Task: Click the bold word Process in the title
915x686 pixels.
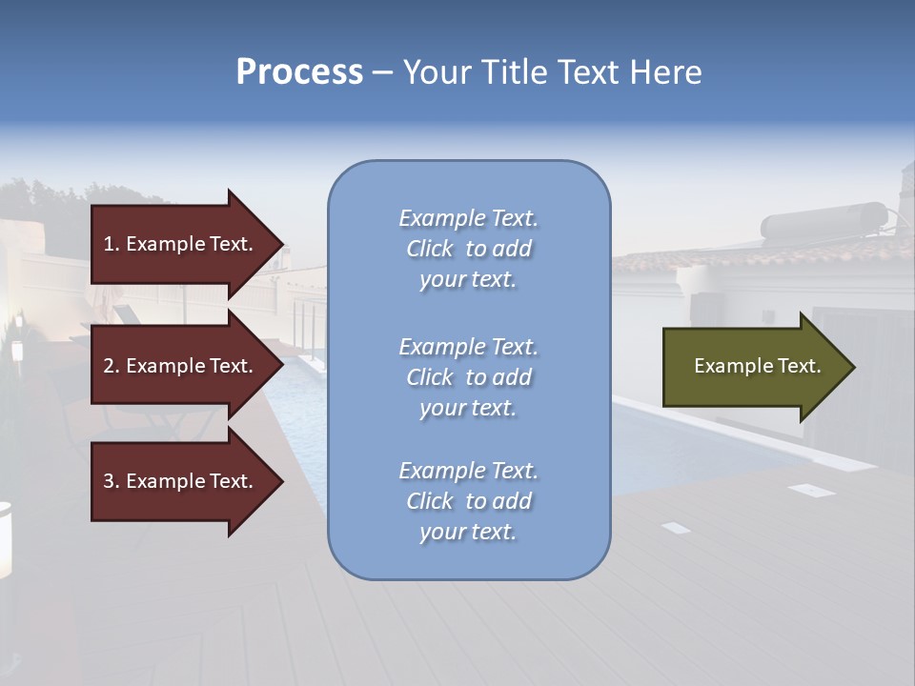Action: (x=299, y=72)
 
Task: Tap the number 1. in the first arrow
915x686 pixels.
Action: (x=112, y=244)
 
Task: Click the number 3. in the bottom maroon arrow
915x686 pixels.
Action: (x=112, y=481)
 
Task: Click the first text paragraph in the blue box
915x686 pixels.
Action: (x=468, y=249)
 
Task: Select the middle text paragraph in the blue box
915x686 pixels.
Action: (x=468, y=377)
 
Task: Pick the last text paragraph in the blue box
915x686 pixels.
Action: (x=468, y=501)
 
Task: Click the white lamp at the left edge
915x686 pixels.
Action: (x=5, y=538)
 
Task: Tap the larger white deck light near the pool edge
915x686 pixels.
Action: (x=811, y=490)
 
